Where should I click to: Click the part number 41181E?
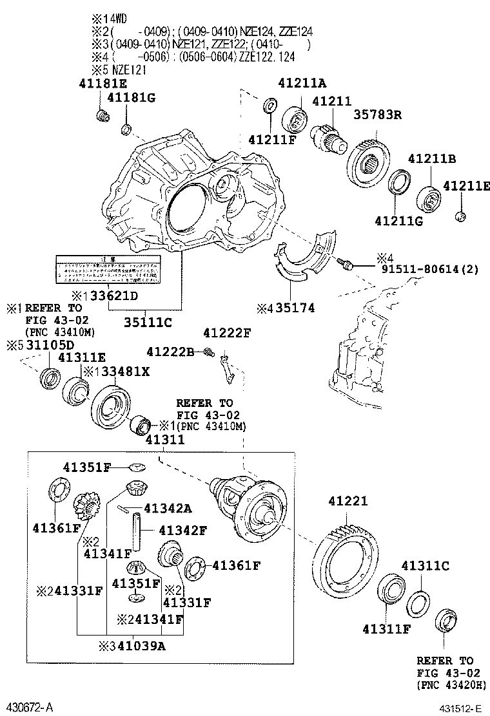coord(103,83)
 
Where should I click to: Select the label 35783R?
coord(377,115)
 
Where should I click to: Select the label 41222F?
coord(226,333)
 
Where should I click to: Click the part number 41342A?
coord(168,509)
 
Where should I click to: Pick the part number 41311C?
coord(425,566)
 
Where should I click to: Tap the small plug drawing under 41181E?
coord(101,116)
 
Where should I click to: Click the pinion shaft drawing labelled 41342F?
coord(137,527)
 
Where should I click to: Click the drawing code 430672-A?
coord(30,708)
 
